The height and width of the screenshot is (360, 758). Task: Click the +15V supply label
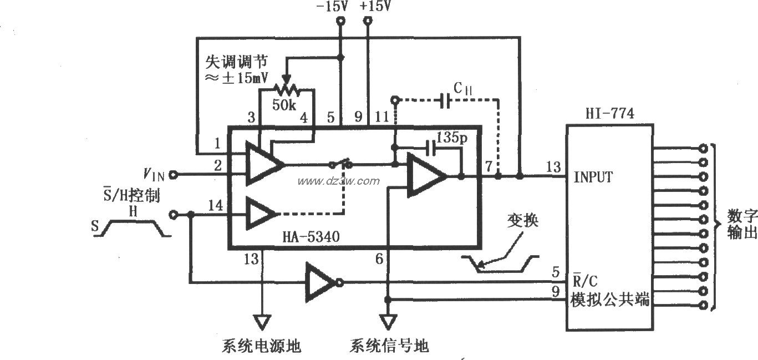point(375,7)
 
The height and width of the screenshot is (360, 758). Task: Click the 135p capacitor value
point(452,136)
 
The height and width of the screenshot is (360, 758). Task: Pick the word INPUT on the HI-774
point(593,177)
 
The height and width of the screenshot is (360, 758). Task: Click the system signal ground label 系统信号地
point(389,347)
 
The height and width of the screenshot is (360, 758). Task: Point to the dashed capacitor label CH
point(461,89)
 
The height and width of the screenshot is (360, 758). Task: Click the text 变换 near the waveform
point(522,221)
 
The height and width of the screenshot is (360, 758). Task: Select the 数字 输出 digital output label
point(741,225)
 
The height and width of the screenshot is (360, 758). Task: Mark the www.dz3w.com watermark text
point(339,181)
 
